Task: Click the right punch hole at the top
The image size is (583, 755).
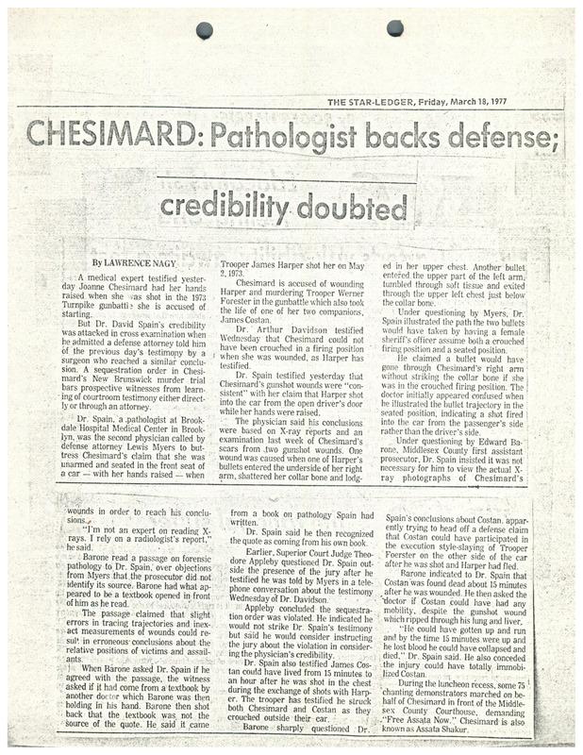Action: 394,25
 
